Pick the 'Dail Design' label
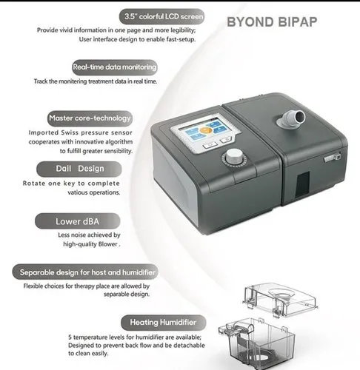click(80, 169)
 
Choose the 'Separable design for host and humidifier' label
click(89, 272)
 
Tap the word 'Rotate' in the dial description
click(47, 183)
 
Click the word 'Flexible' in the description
click(42, 286)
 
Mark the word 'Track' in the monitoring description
click(44, 81)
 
